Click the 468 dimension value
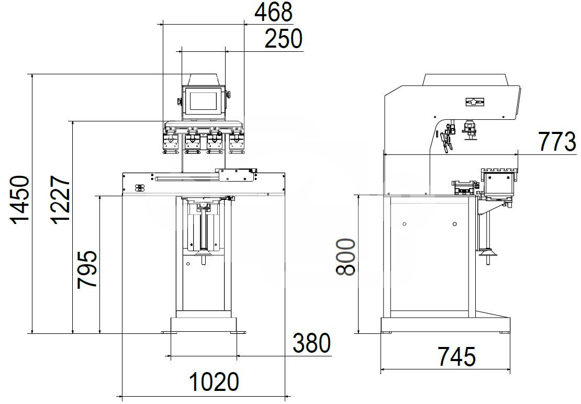[273, 12]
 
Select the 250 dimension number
[284, 39]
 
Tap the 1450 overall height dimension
[20, 200]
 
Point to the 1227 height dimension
[60, 200]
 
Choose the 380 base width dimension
[311, 343]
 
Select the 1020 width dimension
[214, 382]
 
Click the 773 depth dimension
[557, 142]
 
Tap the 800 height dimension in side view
[345, 257]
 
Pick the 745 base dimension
[456, 356]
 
